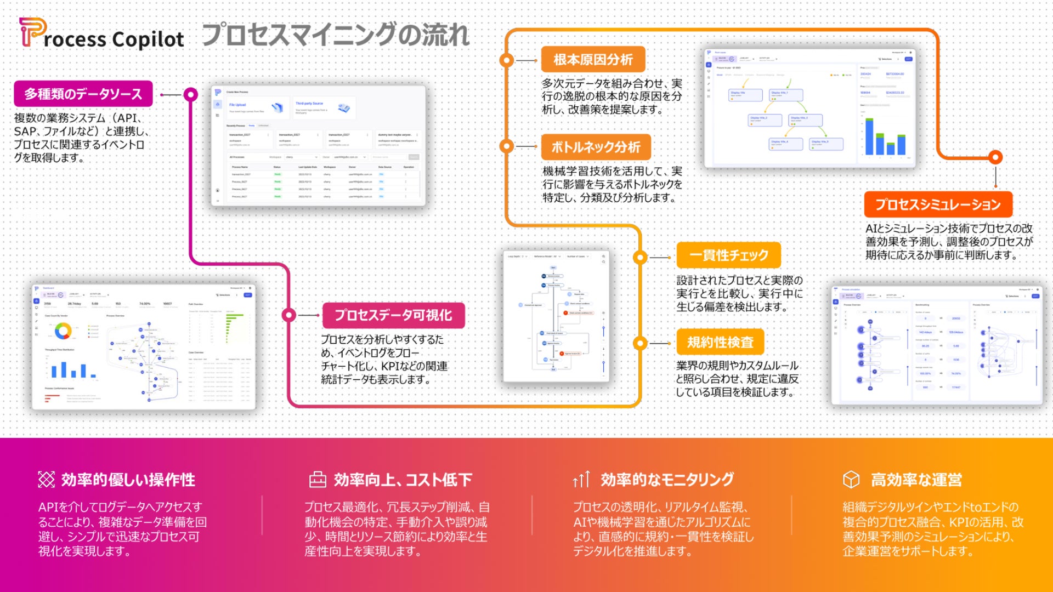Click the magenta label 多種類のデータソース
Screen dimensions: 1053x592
(x=83, y=94)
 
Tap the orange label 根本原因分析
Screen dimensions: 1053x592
(x=593, y=60)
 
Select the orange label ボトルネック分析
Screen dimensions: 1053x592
(x=596, y=147)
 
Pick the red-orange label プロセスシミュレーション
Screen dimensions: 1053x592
(x=938, y=204)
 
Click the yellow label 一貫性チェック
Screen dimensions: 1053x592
(x=728, y=255)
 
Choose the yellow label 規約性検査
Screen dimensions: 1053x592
(x=720, y=343)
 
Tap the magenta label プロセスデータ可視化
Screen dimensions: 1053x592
(x=393, y=315)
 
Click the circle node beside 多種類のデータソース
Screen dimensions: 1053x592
(x=190, y=94)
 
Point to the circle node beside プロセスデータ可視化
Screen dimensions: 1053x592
(x=289, y=315)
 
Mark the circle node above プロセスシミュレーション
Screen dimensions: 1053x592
(x=995, y=157)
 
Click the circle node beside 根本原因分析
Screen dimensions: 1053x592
(x=507, y=60)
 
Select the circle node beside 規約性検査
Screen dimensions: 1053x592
(x=640, y=343)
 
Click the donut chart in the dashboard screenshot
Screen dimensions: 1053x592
(x=63, y=331)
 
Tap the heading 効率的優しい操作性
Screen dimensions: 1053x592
(x=128, y=480)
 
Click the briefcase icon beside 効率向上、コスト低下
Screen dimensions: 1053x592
(x=318, y=480)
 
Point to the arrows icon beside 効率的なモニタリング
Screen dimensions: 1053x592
(x=581, y=480)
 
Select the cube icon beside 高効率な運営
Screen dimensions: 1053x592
(x=851, y=480)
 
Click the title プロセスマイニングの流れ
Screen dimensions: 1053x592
(x=336, y=35)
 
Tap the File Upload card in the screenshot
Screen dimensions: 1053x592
(x=256, y=107)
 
